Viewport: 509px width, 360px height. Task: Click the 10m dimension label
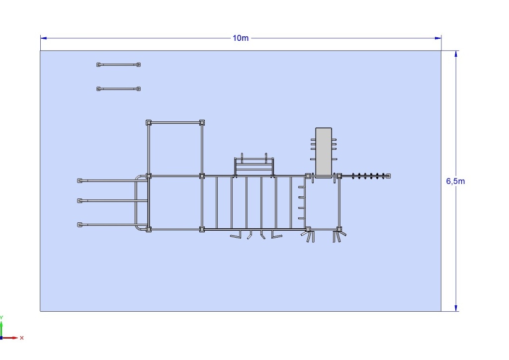click(241, 38)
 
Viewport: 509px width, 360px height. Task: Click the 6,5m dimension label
click(455, 181)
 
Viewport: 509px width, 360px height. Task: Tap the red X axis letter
click(22, 338)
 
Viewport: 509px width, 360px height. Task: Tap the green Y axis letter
click(1, 317)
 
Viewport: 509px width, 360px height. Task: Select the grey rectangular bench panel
click(324, 152)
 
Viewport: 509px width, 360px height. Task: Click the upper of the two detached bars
click(118, 65)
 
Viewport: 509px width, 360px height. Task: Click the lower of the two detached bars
click(118, 89)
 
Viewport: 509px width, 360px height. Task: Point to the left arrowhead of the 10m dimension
click(44, 38)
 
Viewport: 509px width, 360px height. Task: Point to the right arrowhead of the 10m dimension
click(438, 38)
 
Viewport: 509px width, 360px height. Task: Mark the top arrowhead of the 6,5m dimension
click(456, 54)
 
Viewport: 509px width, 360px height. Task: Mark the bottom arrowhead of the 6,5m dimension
click(456, 308)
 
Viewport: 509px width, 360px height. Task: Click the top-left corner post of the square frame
click(148, 122)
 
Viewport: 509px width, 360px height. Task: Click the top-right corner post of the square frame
click(202, 122)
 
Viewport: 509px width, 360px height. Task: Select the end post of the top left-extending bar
click(80, 180)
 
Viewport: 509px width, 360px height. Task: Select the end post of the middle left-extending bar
click(80, 200)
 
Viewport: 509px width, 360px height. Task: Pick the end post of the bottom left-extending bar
click(80, 225)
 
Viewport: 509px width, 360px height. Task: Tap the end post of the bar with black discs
click(388, 176)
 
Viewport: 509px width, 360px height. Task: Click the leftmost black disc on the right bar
click(353, 176)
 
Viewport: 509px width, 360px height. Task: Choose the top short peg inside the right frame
click(302, 187)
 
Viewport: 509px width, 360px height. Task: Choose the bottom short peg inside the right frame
click(302, 218)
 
